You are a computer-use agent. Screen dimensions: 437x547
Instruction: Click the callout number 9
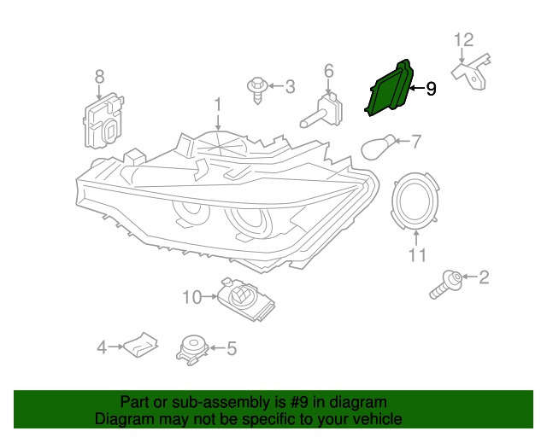click(x=431, y=88)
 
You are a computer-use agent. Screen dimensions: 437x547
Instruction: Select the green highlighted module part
click(x=389, y=90)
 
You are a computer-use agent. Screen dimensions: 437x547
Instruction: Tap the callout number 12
click(x=462, y=39)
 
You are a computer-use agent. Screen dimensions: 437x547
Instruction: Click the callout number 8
click(x=99, y=76)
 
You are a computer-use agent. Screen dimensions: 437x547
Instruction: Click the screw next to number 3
click(x=256, y=88)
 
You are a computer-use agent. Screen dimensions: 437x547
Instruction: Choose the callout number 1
click(x=217, y=104)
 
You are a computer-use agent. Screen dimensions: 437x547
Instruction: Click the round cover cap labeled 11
click(x=416, y=201)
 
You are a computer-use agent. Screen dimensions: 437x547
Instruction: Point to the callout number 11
click(x=416, y=254)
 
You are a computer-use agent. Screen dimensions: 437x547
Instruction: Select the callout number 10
click(x=191, y=297)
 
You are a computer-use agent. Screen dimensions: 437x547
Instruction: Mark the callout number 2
click(x=484, y=276)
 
